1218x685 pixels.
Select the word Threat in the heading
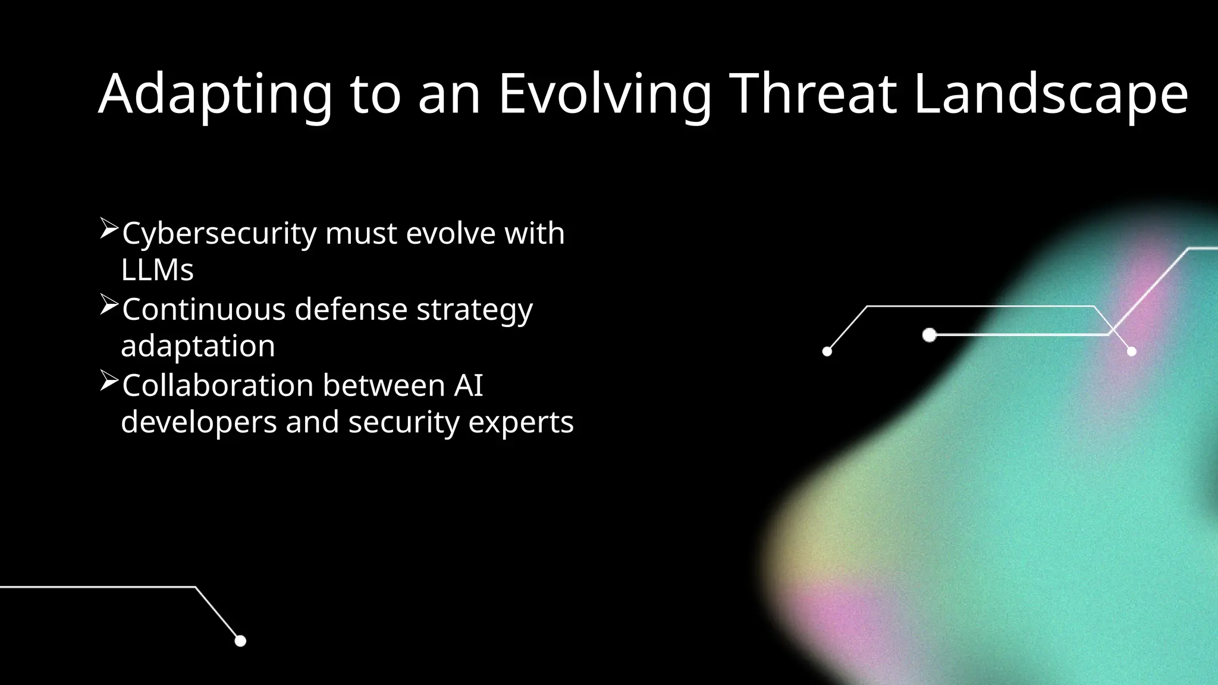click(x=813, y=93)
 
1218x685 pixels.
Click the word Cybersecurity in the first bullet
click(x=219, y=234)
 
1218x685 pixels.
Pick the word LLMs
click(x=157, y=270)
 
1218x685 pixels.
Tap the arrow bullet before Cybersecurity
click(x=109, y=228)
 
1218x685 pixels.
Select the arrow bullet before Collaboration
click(x=109, y=381)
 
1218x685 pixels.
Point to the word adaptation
click(x=198, y=346)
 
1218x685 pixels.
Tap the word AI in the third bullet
click(x=469, y=385)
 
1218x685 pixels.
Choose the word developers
click(x=199, y=423)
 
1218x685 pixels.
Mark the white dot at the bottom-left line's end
click(x=240, y=641)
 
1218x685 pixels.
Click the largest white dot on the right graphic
click(x=929, y=335)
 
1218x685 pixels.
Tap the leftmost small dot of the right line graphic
click(x=827, y=351)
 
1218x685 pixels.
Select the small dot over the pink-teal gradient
click(x=1131, y=351)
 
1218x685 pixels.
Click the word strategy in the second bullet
click(x=474, y=310)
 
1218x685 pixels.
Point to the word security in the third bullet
click(x=404, y=423)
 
